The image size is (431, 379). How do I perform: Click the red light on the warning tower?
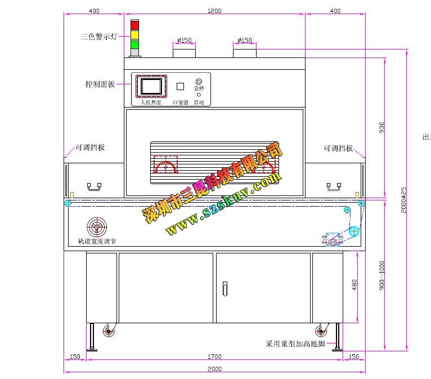pyautogui.click(x=134, y=25)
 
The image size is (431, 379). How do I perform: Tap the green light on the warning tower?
pyautogui.click(x=134, y=43)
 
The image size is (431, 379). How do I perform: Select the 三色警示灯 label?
pyautogui.click(x=98, y=37)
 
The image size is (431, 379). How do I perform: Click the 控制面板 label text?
pyautogui.click(x=100, y=84)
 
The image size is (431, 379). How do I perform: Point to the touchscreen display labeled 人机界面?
pyautogui.click(x=151, y=86)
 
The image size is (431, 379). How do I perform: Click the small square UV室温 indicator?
pyautogui.click(x=180, y=86)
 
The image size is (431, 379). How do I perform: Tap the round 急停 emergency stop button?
pyautogui.click(x=199, y=82)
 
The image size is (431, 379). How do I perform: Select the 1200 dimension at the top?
pyautogui.click(x=214, y=11)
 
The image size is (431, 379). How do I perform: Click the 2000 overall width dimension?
pyautogui.click(x=214, y=369)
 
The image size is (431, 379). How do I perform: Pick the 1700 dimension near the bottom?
pyautogui.click(x=214, y=356)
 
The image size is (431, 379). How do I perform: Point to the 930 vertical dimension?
pyautogui.click(x=382, y=127)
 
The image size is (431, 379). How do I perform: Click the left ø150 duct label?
pyautogui.click(x=184, y=40)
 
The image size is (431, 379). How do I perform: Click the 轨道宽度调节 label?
pyautogui.click(x=97, y=241)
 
